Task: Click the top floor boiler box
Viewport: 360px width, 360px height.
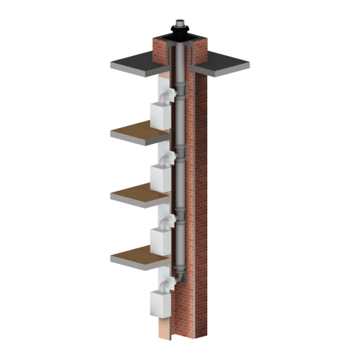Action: click(161, 116)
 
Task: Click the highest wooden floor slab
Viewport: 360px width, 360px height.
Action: click(138, 132)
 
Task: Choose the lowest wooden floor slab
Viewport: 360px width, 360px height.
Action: click(138, 255)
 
